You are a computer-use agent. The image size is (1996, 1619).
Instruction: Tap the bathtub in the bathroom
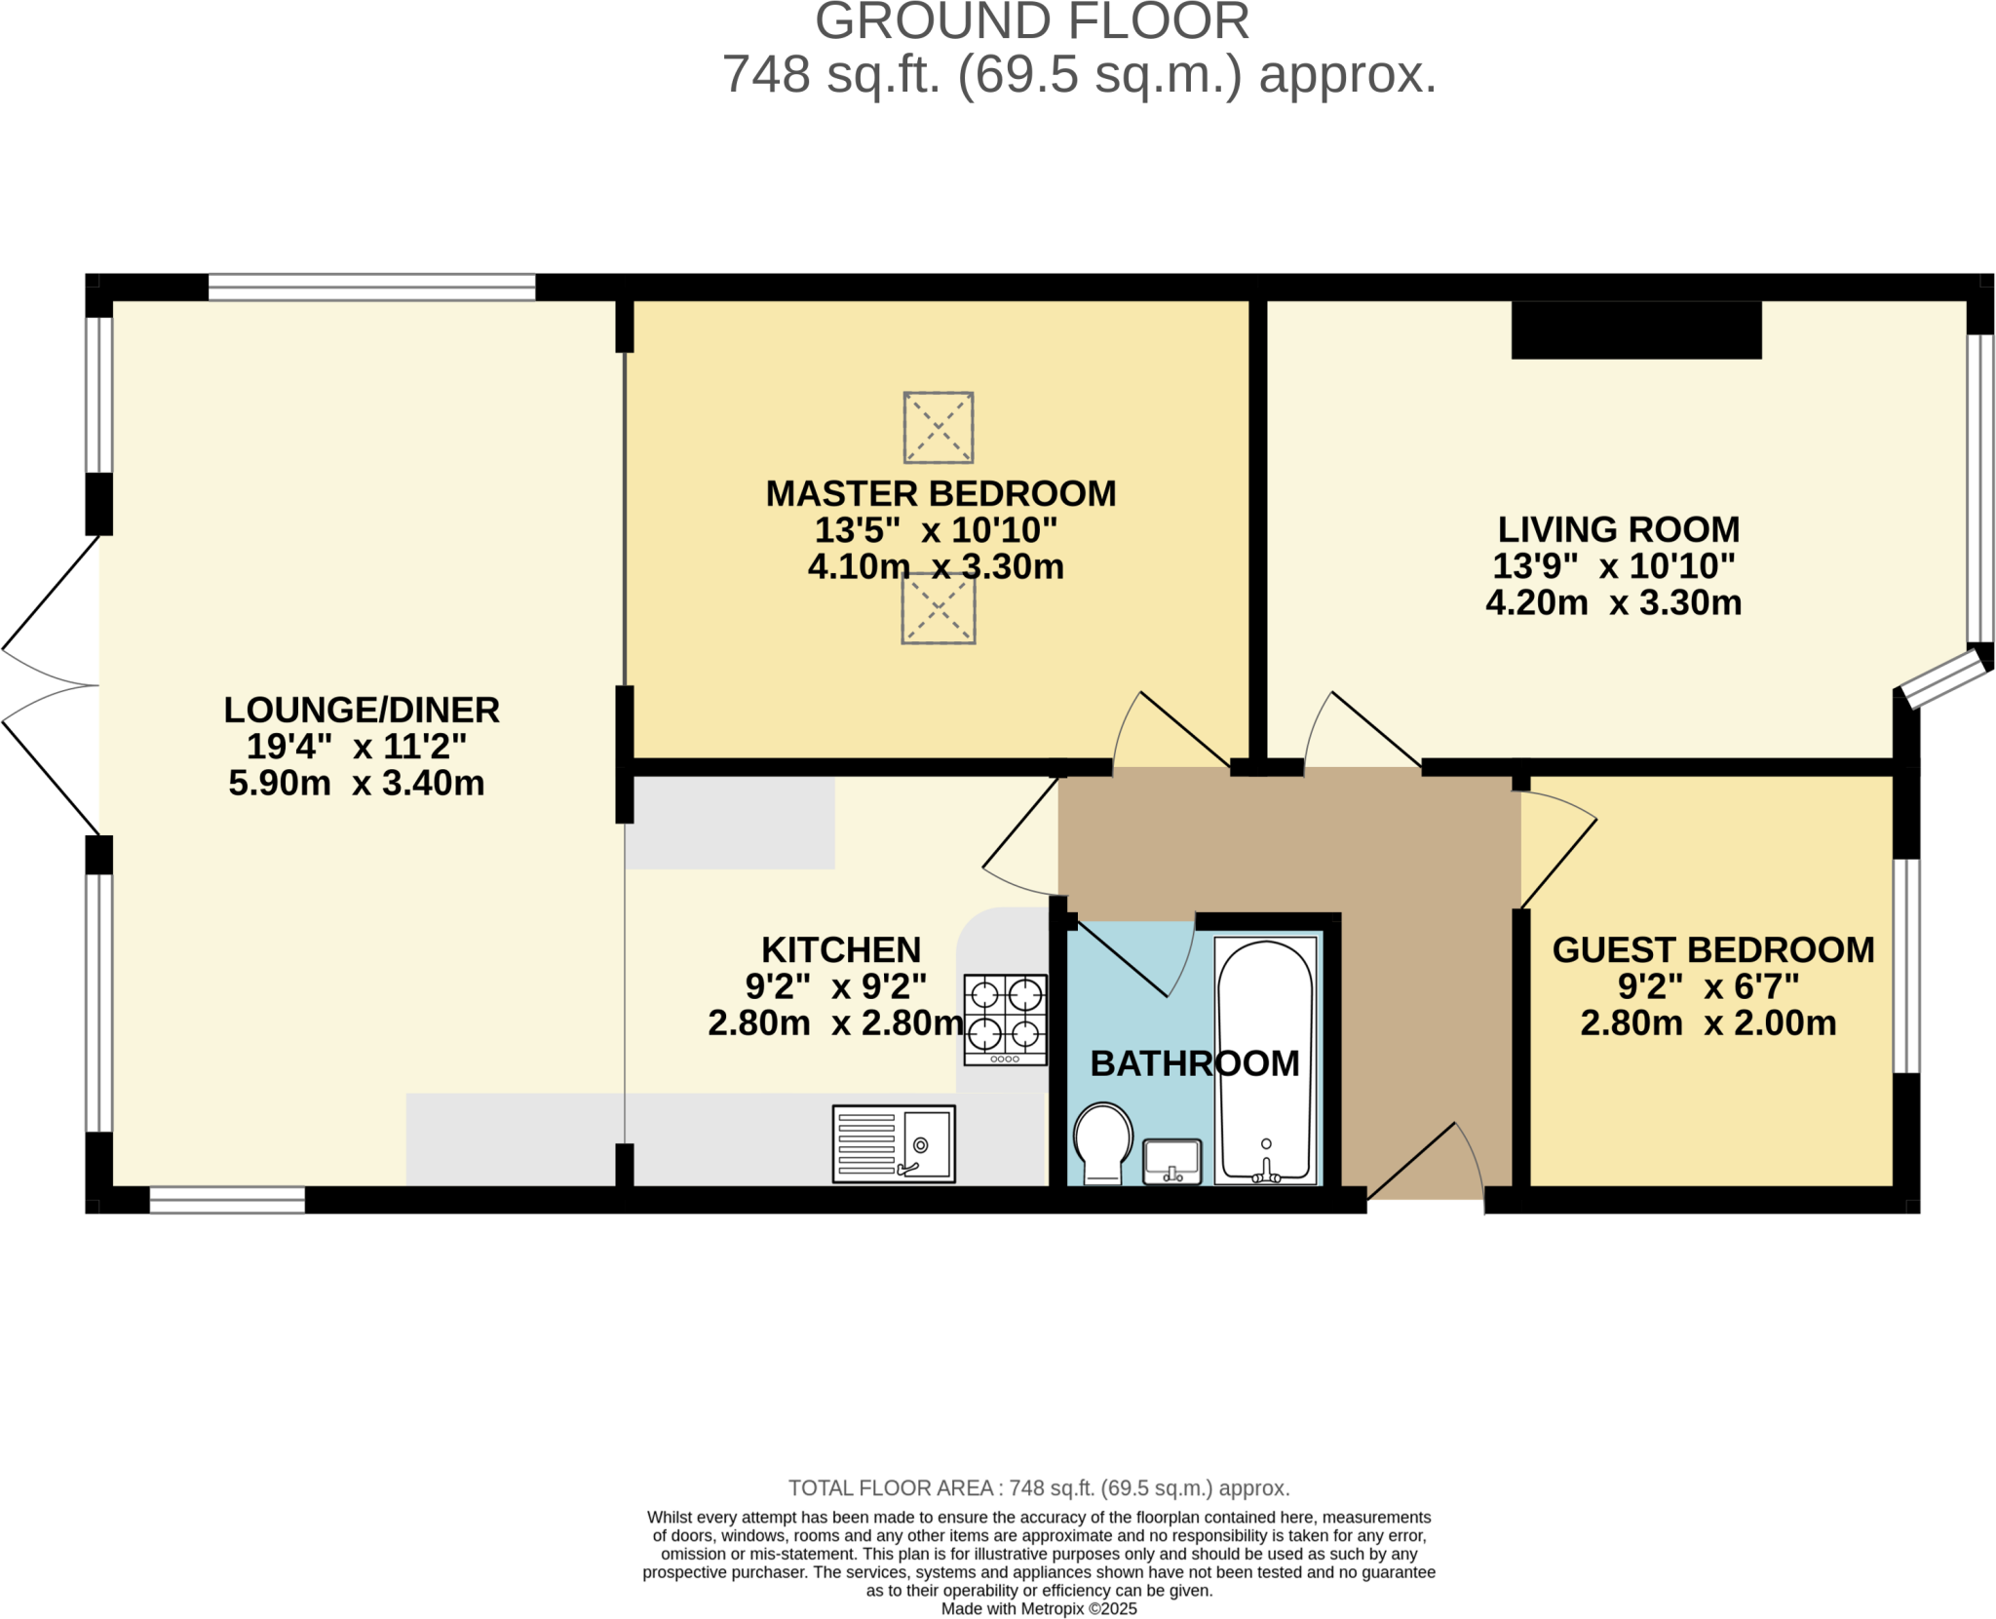click(1265, 1060)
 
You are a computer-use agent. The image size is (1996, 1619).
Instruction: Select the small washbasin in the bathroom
click(1171, 1161)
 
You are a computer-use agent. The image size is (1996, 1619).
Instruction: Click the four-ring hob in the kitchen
click(1005, 1019)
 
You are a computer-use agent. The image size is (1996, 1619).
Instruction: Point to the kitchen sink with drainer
click(893, 1143)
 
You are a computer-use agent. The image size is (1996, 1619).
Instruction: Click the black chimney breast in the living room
click(1635, 330)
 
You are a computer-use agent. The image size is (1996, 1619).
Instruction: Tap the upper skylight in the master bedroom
click(938, 427)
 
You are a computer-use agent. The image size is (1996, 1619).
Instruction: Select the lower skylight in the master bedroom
click(938, 609)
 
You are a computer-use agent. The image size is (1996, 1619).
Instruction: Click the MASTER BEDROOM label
click(940, 494)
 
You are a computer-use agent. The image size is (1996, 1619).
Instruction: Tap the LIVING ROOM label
click(1618, 529)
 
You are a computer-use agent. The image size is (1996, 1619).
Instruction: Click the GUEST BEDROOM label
click(1712, 949)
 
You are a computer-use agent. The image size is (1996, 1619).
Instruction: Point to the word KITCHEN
click(840, 949)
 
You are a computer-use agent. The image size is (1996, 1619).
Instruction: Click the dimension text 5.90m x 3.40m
click(356, 783)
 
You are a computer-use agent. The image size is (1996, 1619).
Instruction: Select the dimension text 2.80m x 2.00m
click(1708, 1022)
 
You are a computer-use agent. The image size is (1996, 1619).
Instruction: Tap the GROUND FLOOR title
click(1031, 21)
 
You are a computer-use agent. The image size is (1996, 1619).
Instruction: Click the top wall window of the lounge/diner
click(371, 287)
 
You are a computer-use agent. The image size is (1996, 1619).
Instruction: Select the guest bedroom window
click(1905, 965)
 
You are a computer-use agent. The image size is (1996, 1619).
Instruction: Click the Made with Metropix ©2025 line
click(1038, 1608)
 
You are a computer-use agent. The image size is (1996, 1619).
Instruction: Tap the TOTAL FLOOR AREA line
click(1038, 1487)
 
